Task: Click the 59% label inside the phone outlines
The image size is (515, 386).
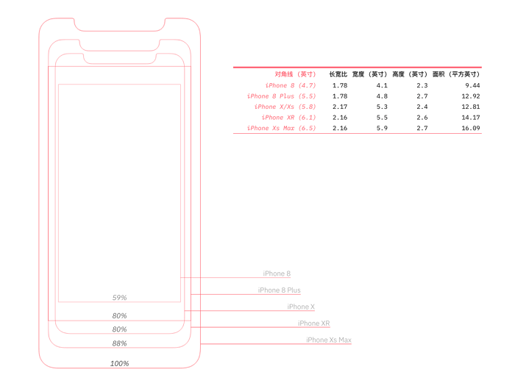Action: pos(119,298)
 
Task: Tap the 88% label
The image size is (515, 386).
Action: pos(119,343)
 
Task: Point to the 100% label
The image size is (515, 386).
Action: pos(119,363)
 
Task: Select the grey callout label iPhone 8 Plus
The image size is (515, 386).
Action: pos(279,290)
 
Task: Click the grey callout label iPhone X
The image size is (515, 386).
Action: pos(301,307)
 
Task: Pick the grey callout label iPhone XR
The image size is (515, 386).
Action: pos(313,324)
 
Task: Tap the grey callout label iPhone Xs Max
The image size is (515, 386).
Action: pos(329,340)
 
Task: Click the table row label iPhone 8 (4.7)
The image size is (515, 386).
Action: pos(291,85)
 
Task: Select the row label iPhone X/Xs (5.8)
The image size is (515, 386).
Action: pos(285,107)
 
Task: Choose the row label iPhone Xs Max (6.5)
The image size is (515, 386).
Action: pos(281,128)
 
